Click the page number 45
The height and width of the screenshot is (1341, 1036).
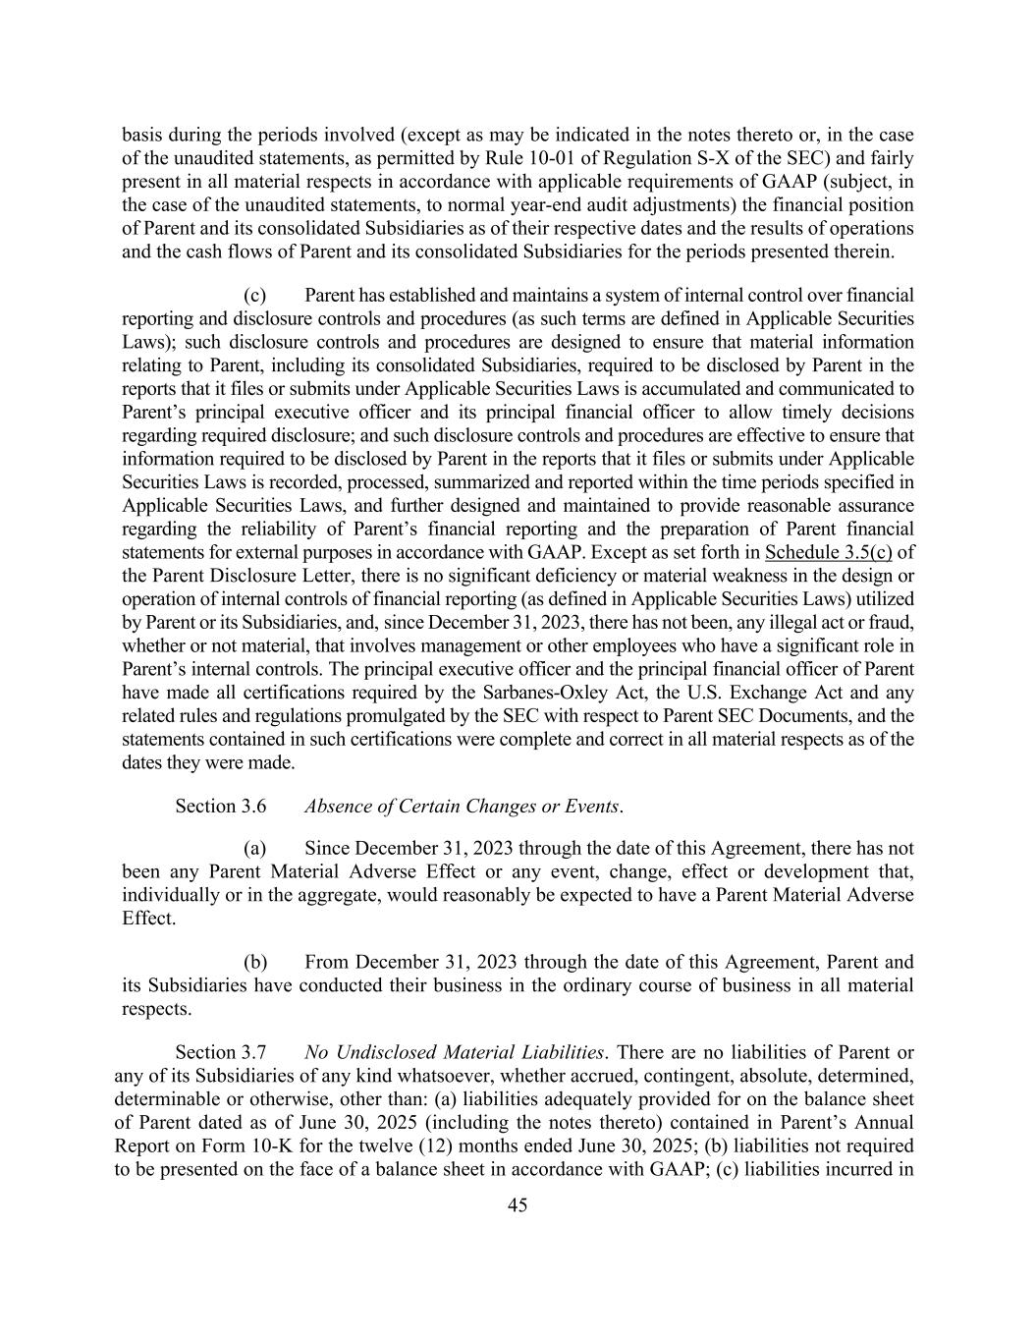pos(518,1205)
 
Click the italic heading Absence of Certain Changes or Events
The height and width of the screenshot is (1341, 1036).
pos(463,807)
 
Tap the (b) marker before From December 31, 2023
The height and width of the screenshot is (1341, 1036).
pos(255,962)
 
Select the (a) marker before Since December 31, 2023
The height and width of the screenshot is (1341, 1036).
pos(255,849)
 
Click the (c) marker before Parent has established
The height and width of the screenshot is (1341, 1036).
pos(255,296)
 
